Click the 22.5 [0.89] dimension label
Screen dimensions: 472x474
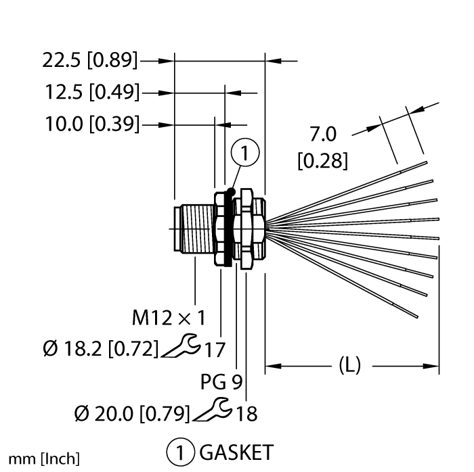coord(89,61)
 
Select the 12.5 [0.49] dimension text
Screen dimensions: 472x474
coord(91,93)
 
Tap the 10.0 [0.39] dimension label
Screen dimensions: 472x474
coord(91,124)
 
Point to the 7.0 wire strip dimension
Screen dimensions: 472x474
coord(323,135)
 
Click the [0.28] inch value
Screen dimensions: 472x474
coord(323,161)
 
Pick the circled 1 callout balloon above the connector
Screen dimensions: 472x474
coord(245,156)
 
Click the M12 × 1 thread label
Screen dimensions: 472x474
coord(169,316)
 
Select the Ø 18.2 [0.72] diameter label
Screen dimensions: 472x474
coord(99,349)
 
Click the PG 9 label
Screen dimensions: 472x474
coord(221,382)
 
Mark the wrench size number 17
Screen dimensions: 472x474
coord(214,350)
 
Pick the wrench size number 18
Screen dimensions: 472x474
coord(246,413)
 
